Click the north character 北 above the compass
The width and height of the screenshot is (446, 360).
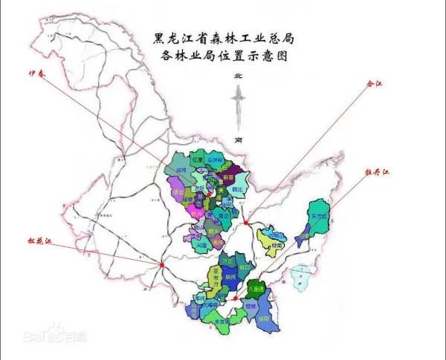click(238, 76)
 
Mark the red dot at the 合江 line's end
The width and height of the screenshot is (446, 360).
click(245, 220)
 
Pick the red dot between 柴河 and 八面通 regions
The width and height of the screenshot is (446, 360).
click(235, 299)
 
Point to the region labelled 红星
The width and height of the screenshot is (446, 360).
click(197, 160)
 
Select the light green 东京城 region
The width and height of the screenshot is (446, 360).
click(222, 320)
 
